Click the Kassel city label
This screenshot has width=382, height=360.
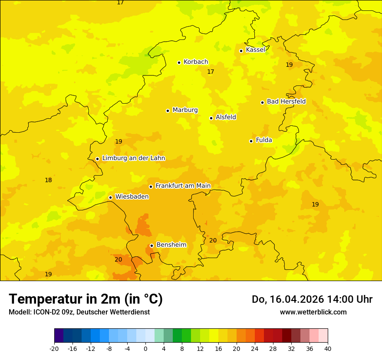point(255,50)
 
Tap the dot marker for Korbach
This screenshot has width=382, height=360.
point(179,62)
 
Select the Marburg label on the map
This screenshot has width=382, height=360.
point(185,110)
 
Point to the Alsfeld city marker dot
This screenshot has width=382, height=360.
point(211,118)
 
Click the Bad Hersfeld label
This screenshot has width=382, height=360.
point(286,101)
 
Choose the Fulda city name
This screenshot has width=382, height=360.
point(264,140)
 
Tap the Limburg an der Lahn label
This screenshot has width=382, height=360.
point(133,158)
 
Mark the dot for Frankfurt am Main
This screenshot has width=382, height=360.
point(151,187)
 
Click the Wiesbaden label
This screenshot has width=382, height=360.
point(132,197)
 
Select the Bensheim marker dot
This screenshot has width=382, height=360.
point(151,245)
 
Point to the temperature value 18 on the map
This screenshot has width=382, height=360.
point(49,180)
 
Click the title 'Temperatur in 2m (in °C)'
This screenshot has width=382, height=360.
point(86,299)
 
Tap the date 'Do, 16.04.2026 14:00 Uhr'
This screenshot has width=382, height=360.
point(312,299)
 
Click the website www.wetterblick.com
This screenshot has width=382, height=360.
point(313,312)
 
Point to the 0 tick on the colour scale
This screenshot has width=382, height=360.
point(145,348)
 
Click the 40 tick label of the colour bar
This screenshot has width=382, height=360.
point(328,348)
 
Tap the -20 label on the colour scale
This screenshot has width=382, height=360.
point(54,348)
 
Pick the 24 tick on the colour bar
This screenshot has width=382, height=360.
point(255,348)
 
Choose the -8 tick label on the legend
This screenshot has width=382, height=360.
point(109,348)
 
